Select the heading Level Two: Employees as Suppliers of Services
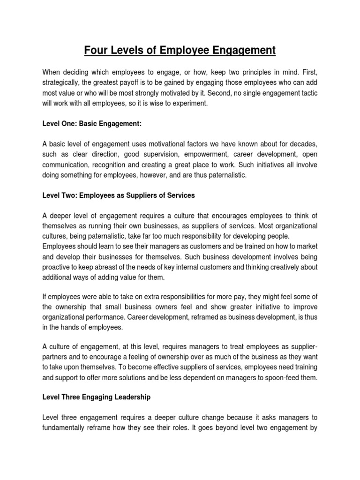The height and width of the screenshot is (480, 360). click(x=118, y=195)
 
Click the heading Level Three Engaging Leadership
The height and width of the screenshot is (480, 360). click(x=96, y=397)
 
